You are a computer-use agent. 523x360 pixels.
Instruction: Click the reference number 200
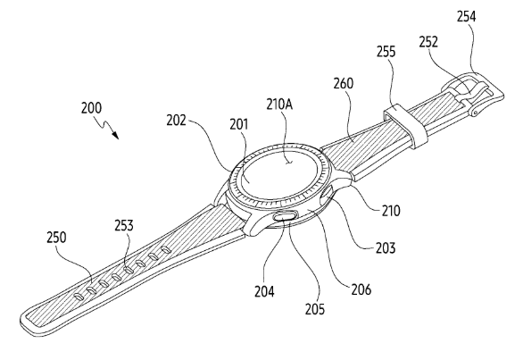pyautogui.click(x=91, y=108)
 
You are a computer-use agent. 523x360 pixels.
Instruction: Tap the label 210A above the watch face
pyautogui.click(x=279, y=105)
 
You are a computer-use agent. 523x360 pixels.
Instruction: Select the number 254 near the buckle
pyautogui.click(x=466, y=16)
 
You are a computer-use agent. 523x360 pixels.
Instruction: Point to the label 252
pyautogui.click(x=428, y=42)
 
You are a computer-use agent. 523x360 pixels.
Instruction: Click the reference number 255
pyautogui.click(x=386, y=52)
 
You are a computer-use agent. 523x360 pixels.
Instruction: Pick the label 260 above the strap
pyautogui.click(x=344, y=83)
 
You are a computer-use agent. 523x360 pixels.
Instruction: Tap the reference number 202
pyautogui.click(x=177, y=121)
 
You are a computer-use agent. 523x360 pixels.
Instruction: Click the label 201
pyautogui.click(x=239, y=124)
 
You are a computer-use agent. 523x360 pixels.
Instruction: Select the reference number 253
pyautogui.click(x=124, y=225)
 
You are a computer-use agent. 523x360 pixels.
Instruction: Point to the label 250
pyautogui.click(x=56, y=238)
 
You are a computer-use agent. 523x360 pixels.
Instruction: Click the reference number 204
pyautogui.click(x=264, y=291)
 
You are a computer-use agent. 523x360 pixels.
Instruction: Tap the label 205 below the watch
pyautogui.click(x=315, y=309)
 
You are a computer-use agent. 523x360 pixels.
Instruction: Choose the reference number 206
pyautogui.click(x=361, y=289)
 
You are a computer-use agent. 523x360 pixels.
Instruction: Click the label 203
pyautogui.click(x=386, y=248)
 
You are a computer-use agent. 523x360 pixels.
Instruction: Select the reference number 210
pyautogui.click(x=391, y=211)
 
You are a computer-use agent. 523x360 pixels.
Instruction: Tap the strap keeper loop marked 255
pyautogui.click(x=406, y=126)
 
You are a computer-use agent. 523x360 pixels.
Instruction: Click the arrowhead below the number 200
pyautogui.click(x=116, y=135)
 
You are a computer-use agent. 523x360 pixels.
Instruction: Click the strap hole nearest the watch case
pyautogui.click(x=166, y=249)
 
